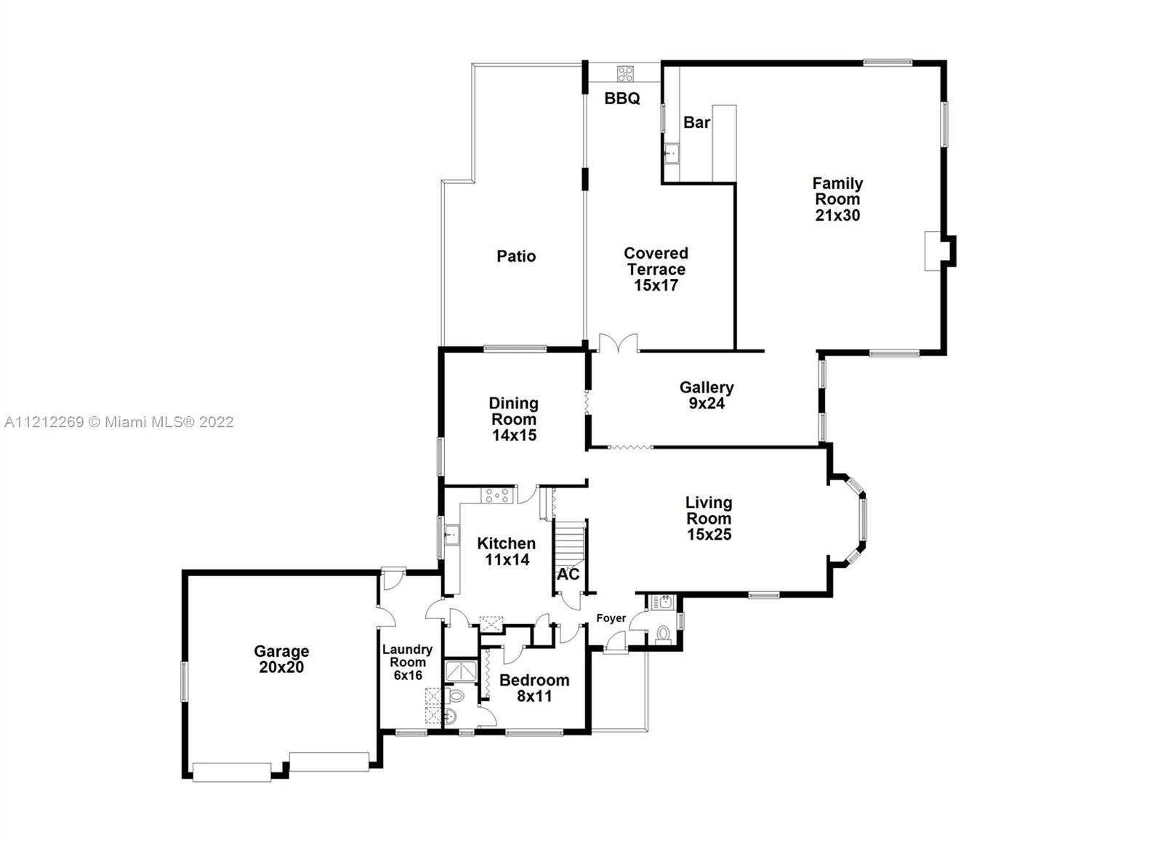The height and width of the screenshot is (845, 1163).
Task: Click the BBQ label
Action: point(622,98)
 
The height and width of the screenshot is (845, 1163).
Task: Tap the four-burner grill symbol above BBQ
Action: point(625,73)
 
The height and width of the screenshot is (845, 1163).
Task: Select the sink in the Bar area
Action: point(672,153)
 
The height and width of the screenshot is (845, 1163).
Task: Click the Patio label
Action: point(516,256)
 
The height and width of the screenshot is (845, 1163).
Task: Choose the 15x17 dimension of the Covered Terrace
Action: point(656,285)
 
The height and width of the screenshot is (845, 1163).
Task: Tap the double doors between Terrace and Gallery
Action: point(618,344)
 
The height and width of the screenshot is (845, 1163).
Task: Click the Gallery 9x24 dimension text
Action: point(707,403)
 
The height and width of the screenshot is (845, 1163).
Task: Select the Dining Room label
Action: point(513,411)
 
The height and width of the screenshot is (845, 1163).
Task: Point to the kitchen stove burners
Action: point(497,496)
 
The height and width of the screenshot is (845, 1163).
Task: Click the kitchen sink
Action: point(451,535)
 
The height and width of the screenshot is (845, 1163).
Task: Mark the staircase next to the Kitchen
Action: point(570,544)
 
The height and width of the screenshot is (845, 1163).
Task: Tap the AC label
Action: point(568,575)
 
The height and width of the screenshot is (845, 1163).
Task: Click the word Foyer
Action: point(611,618)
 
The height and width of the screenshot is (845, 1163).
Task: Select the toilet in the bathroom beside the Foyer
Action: point(663,634)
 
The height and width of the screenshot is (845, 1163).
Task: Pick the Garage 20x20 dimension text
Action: point(281,667)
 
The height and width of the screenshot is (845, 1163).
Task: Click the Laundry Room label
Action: point(408,655)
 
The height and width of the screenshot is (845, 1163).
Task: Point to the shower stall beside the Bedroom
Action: point(461,671)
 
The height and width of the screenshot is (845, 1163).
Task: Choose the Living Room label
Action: point(709,510)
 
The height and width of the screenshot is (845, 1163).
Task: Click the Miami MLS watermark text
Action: point(119,421)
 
